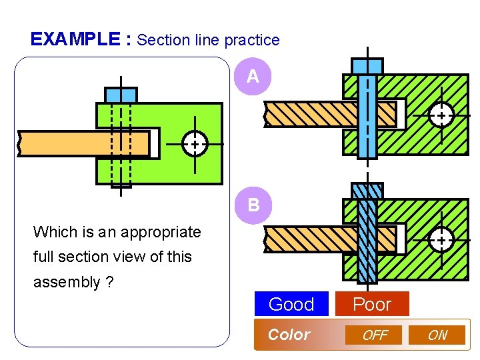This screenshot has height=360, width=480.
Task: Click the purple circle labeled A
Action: pyautogui.click(x=253, y=77)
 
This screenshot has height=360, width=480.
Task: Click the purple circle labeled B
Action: pyautogui.click(x=253, y=204)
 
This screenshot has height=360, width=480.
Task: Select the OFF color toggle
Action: pyautogui.click(x=374, y=335)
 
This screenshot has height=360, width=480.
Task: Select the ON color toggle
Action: pyautogui.click(x=437, y=335)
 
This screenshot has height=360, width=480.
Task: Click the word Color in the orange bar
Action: pyautogui.click(x=289, y=335)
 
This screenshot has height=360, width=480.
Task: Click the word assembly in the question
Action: pyautogui.click(x=67, y=282)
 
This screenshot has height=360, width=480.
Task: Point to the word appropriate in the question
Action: pyautogui.click(x=159, y=232)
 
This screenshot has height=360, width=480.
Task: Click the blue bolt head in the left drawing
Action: pyautogui.click(x=121, y=95)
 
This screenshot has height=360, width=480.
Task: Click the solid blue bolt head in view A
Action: pyautogui.click(x=367, y=66)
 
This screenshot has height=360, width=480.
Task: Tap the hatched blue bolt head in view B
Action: pyautogui.click(x=367, y=191)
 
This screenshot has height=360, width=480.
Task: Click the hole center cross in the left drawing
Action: pyautogui.click(x=194, y=144)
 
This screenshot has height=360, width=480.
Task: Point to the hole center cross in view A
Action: pyautogui.click(x=441, y=115)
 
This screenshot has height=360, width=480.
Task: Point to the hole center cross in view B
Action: pyautogui.click(x=441, y=239)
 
